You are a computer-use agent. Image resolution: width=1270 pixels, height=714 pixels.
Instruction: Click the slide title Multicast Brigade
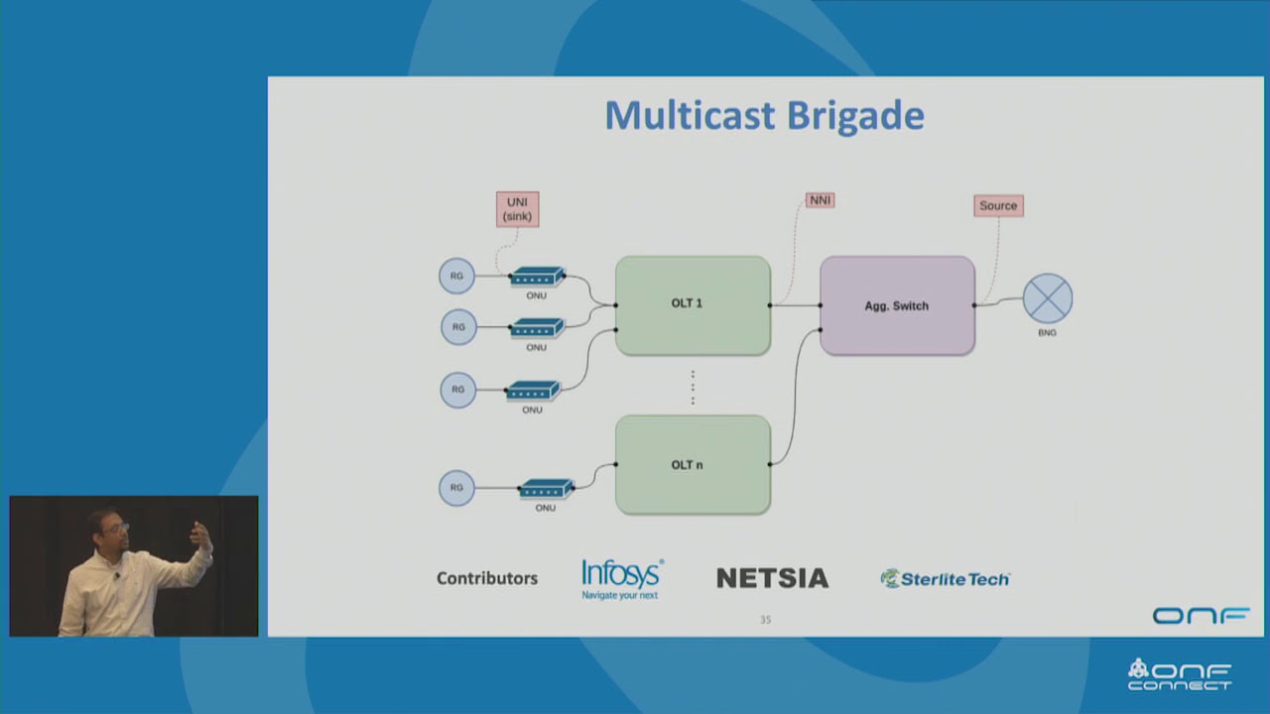pyautogui.click(x=764, y=115)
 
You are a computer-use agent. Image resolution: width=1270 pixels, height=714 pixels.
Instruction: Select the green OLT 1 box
pyautogui.click(x=693, y=305)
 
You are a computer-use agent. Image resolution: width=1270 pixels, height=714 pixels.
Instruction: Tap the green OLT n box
pyautogui.click(x=693, y=464)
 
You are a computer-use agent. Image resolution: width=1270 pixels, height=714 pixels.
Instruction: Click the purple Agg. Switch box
pyautogui.click(x=897, y=305)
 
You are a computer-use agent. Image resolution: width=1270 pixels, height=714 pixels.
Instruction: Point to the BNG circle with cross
pyautogui.click(x=1048, y=298)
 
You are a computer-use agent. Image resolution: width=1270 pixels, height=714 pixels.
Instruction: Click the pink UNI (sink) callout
pyautogui.click(x=517, y=209)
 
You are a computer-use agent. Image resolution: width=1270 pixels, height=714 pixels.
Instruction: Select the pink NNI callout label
pyautogui.click(x=820, y=200)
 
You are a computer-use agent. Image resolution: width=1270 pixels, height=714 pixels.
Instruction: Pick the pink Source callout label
pyautogui.click(x=998, y=205)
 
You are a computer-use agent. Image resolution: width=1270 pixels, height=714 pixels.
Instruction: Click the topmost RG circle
pyautogui.click(x=457, y=276)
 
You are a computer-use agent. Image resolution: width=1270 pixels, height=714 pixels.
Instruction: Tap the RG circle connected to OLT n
pyautogui.click(x=456, y=488)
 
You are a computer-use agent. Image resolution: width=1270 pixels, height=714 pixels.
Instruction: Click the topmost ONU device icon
pyautogui.click(x=537, y=278)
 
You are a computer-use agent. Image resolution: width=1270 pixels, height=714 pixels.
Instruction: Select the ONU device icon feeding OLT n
pyautogui.click(x=546, y=489)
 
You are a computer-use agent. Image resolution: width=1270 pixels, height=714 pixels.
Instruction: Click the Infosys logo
pyautogui.click(x=622, y=578)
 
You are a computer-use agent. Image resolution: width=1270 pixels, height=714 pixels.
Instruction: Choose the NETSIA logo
pyautogui.click(x=772, y=578)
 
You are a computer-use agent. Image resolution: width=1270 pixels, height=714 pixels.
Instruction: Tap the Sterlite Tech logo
pyautogui.click(x=945, y=578)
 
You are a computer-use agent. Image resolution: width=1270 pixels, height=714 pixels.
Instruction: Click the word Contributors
pyautogui.click(x=487, y=578)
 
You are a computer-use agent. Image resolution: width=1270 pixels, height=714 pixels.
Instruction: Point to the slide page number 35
pyautogui.click(x=765, y=620)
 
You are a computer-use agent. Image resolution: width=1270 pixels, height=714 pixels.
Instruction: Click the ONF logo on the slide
pyautogui.click(x=1201, y=616)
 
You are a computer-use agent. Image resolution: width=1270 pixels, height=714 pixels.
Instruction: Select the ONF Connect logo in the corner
pyautogui.click(x=1180, y=674)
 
